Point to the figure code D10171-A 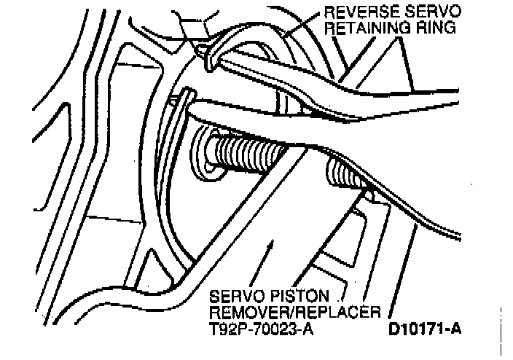pos(426,328)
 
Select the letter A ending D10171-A pos(456,328)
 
